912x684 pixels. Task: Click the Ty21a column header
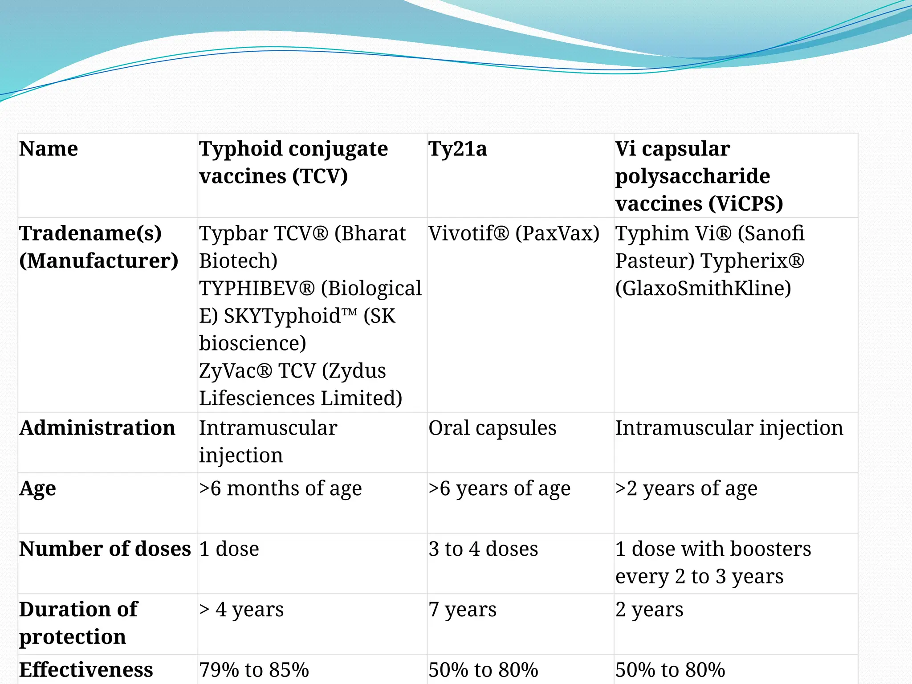[x=457, y=149]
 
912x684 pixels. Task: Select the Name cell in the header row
[x=49, y=149]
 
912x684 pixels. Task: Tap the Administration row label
[x=97, y=428]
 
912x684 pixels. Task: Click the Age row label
[x=38, y=489]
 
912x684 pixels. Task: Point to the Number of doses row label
[x=105, y=549]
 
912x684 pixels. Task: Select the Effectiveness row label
[x=86, y=670]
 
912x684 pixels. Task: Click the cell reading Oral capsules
[x=492, y=428]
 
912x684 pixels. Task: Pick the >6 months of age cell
[x=280, y=489]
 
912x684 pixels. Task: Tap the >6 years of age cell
[x=499, y=489]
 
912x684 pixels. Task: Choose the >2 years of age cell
[x=686, y=489]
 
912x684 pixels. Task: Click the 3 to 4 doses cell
[x=483, y=549]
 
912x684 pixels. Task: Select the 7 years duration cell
[x=462, y=610]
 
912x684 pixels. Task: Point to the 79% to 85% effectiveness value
[x=254, y=670]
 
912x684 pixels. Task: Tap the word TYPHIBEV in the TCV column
[x=252, y=289]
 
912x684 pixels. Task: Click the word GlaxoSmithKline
[x=703, y=289]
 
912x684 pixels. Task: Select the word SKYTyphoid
[x=285, y=316]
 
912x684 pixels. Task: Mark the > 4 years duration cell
[x=241, y=610]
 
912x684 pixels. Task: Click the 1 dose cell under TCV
[x=229, y=549]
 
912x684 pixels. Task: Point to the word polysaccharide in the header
[x=692, y=177]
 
